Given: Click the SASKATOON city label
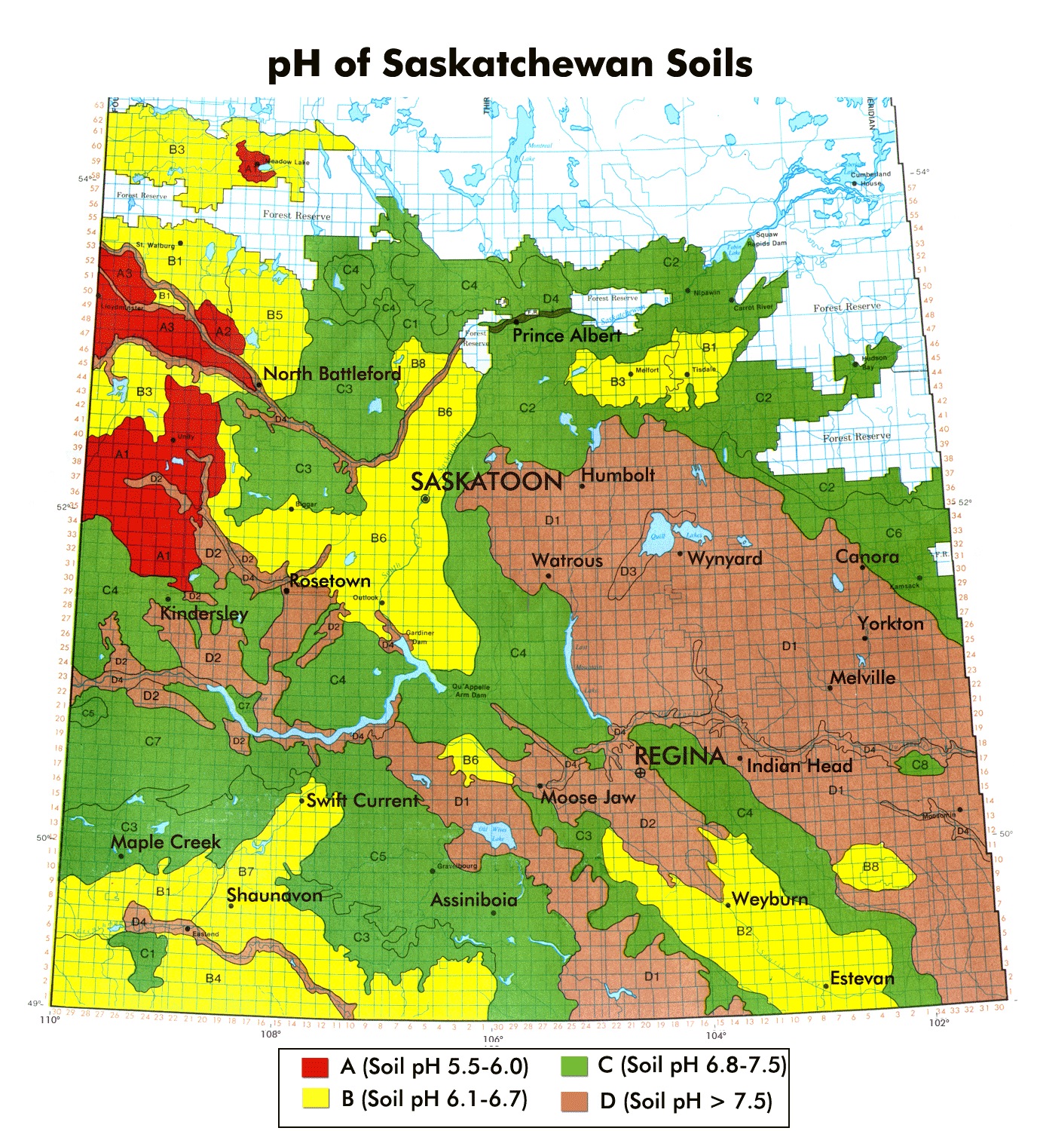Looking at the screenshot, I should click(x=487, y=482).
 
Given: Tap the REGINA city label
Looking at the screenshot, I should click(x=680, y=756).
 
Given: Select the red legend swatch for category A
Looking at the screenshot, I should click(x=315, y=1067).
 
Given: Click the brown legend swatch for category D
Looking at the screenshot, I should click(x=574, y=1101).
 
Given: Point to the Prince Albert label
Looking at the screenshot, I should click(x=567, y=336).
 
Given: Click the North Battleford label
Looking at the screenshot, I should click(x=332, y=374).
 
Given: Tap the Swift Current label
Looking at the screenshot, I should click(x=362, y=800).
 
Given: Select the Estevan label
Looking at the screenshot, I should click(x=862, y=979).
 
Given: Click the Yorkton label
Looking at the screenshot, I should click(x=891, y=624).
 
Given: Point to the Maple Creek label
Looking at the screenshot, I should click(x=166, y=842).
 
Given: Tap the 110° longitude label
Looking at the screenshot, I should click(x=49, y=1020).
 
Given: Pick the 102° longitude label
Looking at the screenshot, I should click(x=938, y=1022).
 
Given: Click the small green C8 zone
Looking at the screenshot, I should click(x=919, y=765).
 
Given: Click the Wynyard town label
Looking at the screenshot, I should click(x=724, y=559).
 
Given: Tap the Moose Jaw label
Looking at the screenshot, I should click(x=588, y=798).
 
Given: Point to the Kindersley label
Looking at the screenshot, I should click(x=203, y=613).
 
